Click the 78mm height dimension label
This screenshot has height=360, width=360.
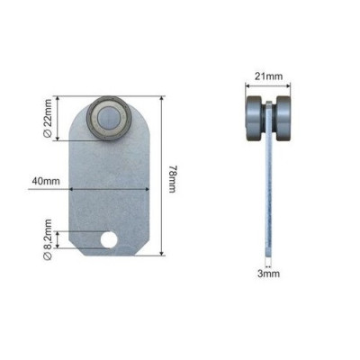172,179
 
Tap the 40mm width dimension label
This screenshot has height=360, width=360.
46,182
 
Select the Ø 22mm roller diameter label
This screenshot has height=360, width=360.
48,118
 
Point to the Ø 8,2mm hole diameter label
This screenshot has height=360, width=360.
48,239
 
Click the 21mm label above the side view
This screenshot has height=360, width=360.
268,76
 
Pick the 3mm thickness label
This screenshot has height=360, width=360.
268,274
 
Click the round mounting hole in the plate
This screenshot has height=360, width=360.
109,239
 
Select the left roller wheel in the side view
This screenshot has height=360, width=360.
254,118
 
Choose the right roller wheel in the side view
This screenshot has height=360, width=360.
283,118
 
